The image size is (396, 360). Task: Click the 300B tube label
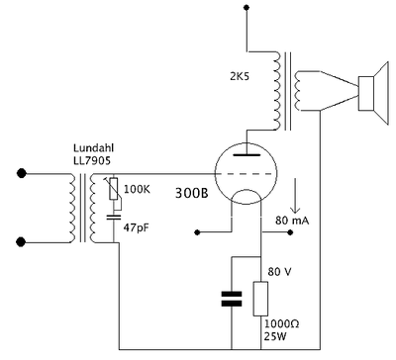pos(191,193)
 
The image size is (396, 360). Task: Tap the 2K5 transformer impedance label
pos(240,76)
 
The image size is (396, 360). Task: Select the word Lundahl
pos(93,147)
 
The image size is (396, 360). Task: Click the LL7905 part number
pos(92,160)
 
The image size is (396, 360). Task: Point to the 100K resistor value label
pos(137,189)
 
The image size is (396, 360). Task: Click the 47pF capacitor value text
pos(137,227)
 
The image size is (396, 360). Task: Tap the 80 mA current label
pos(292,221)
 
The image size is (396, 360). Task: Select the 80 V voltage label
pos(280,272)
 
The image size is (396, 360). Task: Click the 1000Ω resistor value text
pos(281,323)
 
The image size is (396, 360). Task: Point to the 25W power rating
pos(275,336)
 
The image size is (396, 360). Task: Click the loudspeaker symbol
pos(373,94)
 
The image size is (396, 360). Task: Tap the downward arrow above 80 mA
pos(295,196)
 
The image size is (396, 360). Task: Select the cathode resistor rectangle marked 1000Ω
pos(260,299)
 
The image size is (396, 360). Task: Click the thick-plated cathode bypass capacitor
pos(232,299)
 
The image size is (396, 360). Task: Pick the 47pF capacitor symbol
pos(114,217)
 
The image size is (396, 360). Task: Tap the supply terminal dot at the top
pos(247,7)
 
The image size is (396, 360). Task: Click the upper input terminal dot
pos(22,173)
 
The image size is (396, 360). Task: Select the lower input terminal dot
pos(21,242)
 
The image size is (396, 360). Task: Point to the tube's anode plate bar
pos(246,154)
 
